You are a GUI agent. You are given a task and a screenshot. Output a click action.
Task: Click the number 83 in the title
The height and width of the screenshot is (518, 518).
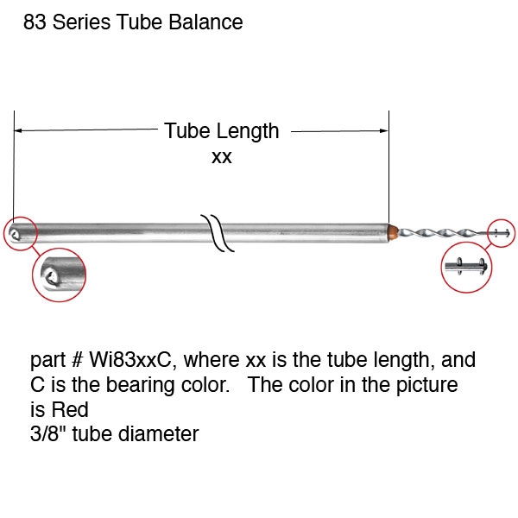coord(35,22)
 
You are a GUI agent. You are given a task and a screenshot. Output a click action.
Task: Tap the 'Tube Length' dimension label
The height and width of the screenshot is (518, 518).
coord(222,131)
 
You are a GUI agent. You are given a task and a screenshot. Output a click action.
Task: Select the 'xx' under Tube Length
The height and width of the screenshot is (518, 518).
coord(222,157)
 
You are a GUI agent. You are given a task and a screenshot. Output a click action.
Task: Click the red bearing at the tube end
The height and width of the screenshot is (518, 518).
coord(393,231)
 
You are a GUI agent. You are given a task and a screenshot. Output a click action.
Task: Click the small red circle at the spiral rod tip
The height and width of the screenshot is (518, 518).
coord(502,233)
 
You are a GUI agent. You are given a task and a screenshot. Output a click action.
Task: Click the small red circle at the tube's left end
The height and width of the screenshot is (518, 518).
coord(21,232)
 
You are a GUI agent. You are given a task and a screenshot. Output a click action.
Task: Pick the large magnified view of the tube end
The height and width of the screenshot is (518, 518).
coord(60,275)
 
